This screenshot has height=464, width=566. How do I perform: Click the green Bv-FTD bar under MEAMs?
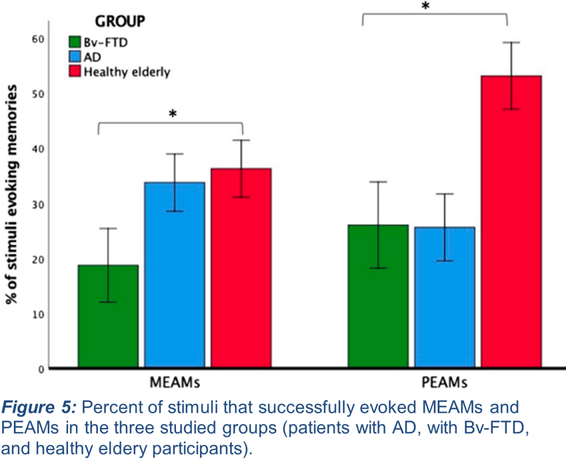pyautogui.click(x=108, y=316)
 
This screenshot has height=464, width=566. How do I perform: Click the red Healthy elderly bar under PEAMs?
pyautogui.click(x=511, y=221)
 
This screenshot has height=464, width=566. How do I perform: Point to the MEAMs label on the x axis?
pyautogui.click(x=175, y=382)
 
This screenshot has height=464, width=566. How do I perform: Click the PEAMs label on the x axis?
pyautogui.click(x=445, y=382)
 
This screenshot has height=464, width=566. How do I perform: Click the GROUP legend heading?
pyautogui.click(x=120, y=22)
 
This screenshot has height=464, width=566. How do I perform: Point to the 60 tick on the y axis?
pyautogui.click(x=38, y=39)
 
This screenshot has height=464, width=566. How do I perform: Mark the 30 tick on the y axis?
pyautogui.click(x=38, y=204)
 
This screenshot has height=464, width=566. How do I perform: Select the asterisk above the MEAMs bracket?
pyautogui.click(x=173, y=114)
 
